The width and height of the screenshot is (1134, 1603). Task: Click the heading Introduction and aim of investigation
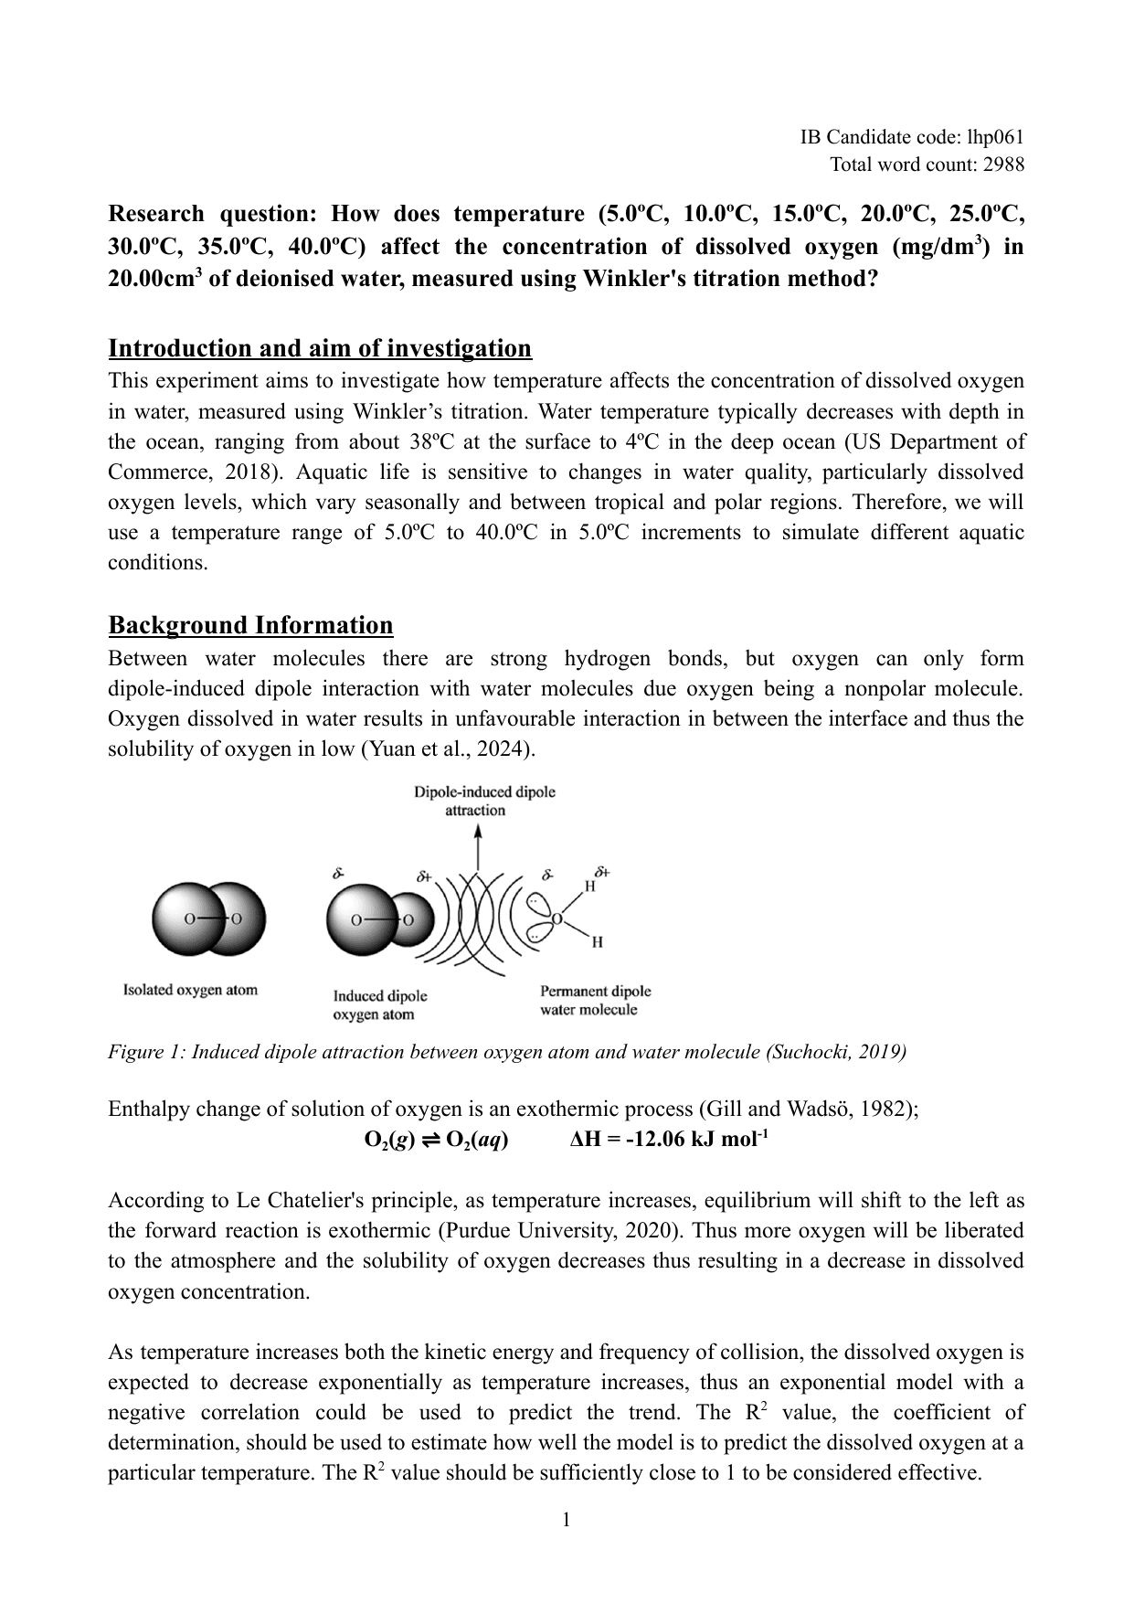coord(320,348)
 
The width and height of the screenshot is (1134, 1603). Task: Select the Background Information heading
coord(250,625)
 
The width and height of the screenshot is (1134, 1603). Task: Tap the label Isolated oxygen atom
coord(190,990)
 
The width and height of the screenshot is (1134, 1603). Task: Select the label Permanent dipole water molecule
coord(595,1000)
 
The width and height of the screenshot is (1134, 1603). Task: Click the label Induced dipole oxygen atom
coord(379,1005)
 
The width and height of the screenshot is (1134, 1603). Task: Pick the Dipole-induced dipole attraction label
coord(483,801)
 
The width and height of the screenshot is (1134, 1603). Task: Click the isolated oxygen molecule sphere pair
coord(208,919)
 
